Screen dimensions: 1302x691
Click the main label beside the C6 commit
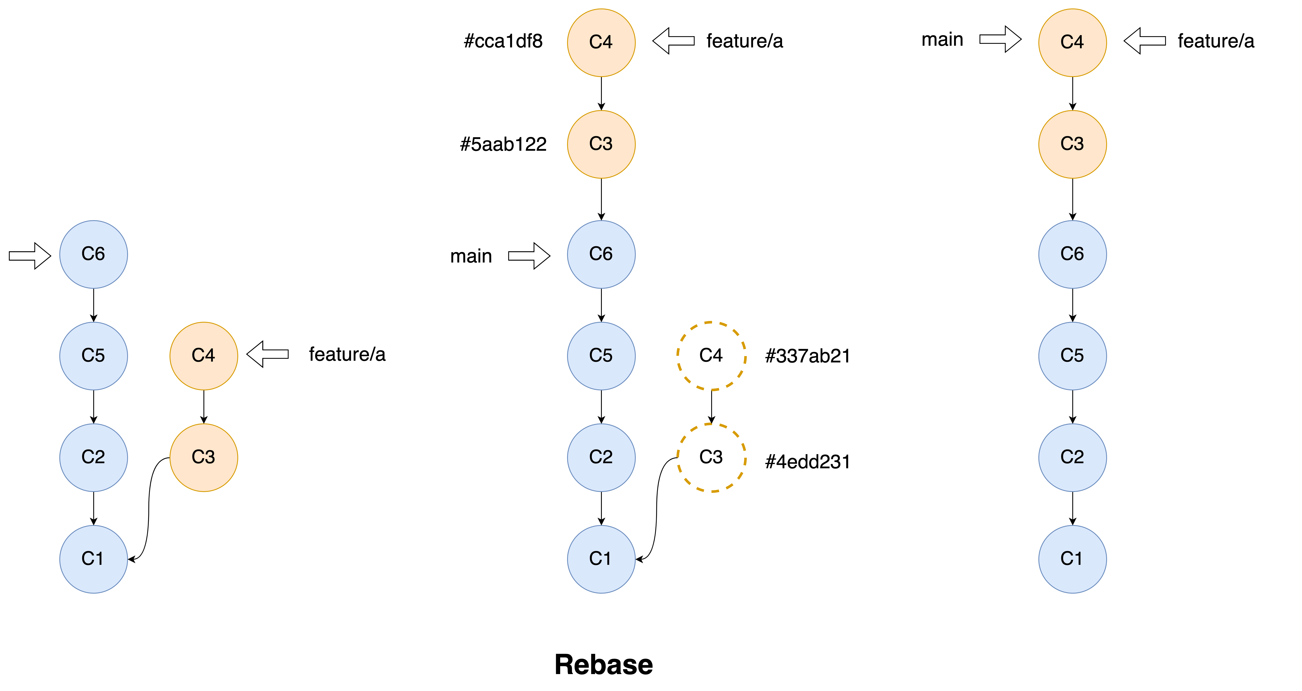[471, 256]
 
